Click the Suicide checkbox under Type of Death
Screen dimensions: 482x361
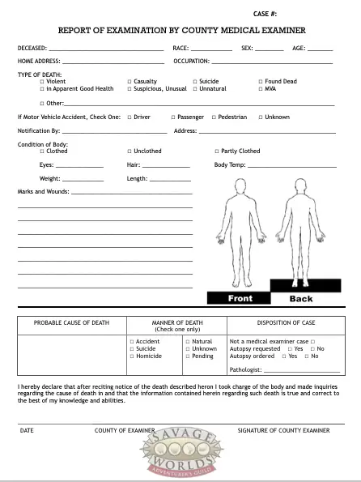coord(195,82)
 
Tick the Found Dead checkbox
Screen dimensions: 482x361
coord(261,82)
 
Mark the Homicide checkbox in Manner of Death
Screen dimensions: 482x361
coord(132,356)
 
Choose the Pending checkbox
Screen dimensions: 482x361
coord(188,356)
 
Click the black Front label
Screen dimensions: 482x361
coord(240,298)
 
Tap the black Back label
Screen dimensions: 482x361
coord(301,298)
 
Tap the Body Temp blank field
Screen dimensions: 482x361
coord(291,166)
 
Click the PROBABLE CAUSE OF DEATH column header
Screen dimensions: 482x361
coord(71,323)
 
